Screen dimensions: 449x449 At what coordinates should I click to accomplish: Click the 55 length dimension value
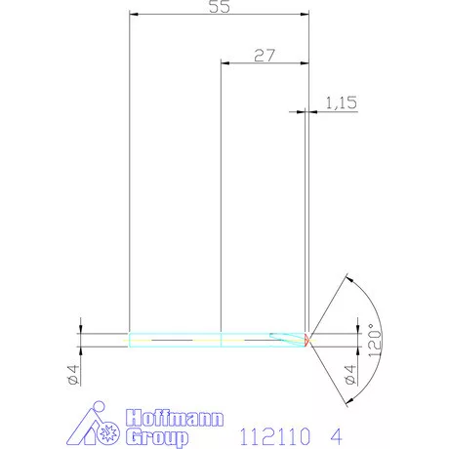coord(220,7)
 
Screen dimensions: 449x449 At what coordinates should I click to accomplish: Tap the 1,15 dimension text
coord(337,102)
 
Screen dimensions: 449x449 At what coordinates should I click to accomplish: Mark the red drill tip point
coord(307,339)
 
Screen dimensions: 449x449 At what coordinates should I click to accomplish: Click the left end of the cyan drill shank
coord(131,339)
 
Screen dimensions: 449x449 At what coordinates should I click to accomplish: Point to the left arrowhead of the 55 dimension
coord(134,16)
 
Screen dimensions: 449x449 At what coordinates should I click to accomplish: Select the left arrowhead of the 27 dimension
coord(225,63)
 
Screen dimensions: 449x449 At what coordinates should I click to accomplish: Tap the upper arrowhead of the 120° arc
coord(347,279)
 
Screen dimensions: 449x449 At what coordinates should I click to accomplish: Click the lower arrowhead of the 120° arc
coord(347,398)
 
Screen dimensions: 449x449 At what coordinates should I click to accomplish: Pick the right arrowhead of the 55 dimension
coord(305,16)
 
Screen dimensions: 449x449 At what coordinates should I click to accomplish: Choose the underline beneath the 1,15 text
coord(337,111)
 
